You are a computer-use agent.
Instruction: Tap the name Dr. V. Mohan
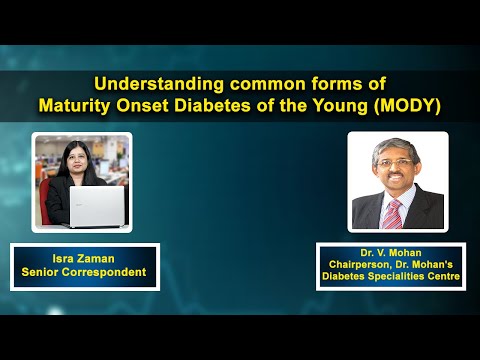point(397,252)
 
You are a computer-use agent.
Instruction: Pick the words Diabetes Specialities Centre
point(397,279)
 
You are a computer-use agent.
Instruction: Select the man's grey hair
point(397,146)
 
